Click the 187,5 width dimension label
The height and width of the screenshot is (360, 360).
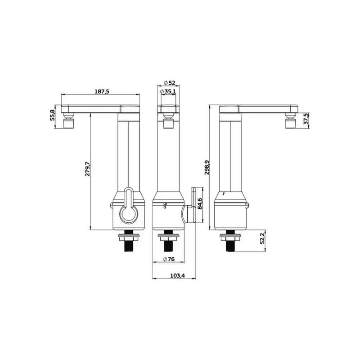[x=102, y=91]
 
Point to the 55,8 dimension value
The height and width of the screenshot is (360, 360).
[x=53, y=115]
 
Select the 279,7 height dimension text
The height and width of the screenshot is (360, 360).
[x=87, y=169]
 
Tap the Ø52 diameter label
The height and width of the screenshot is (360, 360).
[x=170, y=83]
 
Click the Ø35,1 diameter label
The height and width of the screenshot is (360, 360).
[x=168, y=91]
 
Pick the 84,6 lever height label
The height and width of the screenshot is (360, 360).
[x=199, y=204]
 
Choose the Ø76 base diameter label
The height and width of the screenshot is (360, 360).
[x=169, y=259]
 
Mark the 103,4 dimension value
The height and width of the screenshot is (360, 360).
[x=177, y=276]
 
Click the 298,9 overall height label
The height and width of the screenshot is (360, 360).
[x=207, y=167]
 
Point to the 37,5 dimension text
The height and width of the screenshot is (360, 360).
[x=306, y=119]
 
